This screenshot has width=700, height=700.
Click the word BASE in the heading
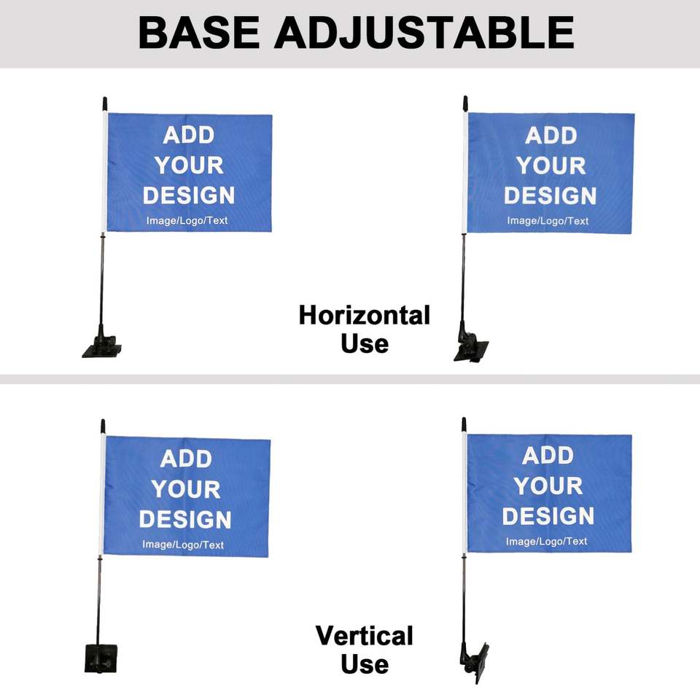198,33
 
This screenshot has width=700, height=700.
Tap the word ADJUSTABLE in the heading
424,33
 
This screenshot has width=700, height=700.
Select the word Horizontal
365,316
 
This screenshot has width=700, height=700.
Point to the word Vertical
365,636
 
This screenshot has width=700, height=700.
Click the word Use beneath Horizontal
365,343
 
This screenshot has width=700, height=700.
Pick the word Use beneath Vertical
365,664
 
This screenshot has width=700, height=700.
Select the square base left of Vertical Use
101,658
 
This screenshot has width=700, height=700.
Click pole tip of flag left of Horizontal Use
105,103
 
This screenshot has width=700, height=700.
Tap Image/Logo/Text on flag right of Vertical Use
547,541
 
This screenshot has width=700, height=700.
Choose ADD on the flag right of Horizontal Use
551,136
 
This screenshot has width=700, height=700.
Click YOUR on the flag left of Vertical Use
186,489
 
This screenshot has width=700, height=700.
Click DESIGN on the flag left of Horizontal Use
189,195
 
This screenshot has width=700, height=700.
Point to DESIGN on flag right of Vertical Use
548,516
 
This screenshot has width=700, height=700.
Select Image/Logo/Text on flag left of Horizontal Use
187,220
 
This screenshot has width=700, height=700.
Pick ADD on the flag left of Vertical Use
186,459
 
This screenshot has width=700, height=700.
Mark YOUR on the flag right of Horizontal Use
551,166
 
